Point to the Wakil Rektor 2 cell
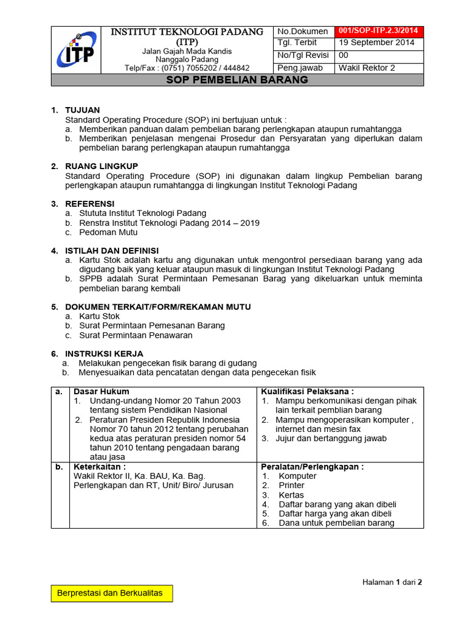pos(367,68)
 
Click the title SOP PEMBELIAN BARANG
pos(237,80)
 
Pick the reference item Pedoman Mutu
pos(109,232)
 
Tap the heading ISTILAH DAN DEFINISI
pos(112,251)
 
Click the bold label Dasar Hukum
pos(101,391)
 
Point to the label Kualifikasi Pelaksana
pos(308,391)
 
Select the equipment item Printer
pos(292,486)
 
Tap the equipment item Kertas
pos(291,495)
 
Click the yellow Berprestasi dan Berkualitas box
pos(110,593)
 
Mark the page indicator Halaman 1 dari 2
pos(392,582)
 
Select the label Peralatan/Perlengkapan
pos(313,467)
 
